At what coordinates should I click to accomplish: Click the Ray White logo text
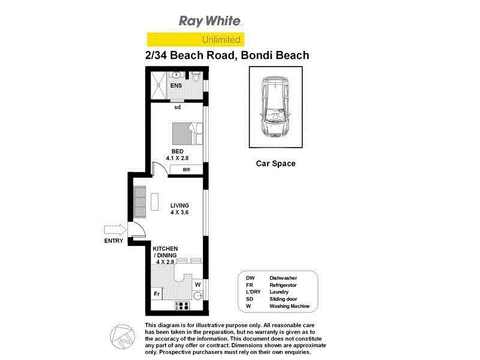211,22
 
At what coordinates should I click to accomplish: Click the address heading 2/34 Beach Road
227,56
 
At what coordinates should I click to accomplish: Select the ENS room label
176,86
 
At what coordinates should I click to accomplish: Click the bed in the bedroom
188,133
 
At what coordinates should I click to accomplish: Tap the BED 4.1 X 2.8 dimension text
178,155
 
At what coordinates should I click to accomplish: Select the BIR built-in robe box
186,170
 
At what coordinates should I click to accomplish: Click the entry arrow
115,229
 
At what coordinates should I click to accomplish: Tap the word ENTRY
113,241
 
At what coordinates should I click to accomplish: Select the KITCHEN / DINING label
166,255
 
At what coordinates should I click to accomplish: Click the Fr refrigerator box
157,294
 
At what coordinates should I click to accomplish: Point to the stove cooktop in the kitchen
182,305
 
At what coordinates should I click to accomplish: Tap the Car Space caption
276,163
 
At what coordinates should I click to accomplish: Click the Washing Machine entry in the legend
289,306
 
